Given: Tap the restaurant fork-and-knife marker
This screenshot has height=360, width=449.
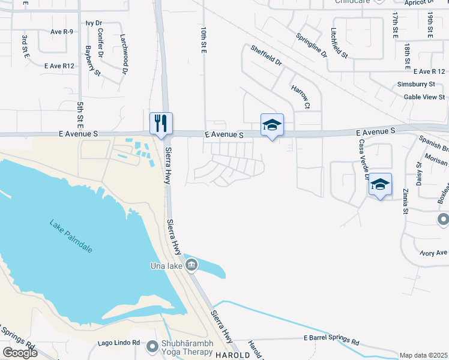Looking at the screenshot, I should [x=161, y=124].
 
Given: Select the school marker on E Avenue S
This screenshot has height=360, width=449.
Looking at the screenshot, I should [x=271, y=125].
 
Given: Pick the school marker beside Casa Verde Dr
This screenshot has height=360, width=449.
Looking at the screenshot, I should [x=380, y=184].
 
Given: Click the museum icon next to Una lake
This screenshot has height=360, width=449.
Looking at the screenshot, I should [x=191, y=265].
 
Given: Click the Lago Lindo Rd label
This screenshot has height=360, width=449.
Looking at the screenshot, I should [x=119, y=343].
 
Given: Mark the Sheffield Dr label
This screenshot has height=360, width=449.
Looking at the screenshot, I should [x=267, y=55].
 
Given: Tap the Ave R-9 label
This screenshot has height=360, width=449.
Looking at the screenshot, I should [x=62, y=32].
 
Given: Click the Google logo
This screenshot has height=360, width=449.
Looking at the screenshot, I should [x=20, y=353].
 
